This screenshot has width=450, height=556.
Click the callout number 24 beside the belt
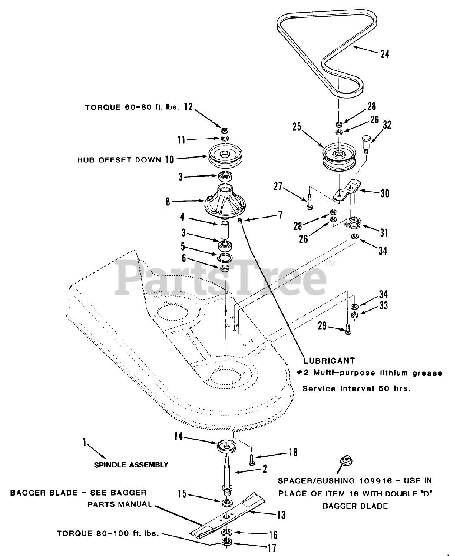(x=384, y=54)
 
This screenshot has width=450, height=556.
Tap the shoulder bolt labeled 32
(x=365, y=143)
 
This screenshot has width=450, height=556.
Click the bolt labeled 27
(x=309, y=203)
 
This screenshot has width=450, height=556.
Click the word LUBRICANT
(x=329, y=361)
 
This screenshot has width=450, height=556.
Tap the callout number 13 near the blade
(x=281, y=515)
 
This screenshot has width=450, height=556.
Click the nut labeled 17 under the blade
(x=226, y=542)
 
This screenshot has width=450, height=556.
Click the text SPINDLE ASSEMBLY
(x=131, y=465)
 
